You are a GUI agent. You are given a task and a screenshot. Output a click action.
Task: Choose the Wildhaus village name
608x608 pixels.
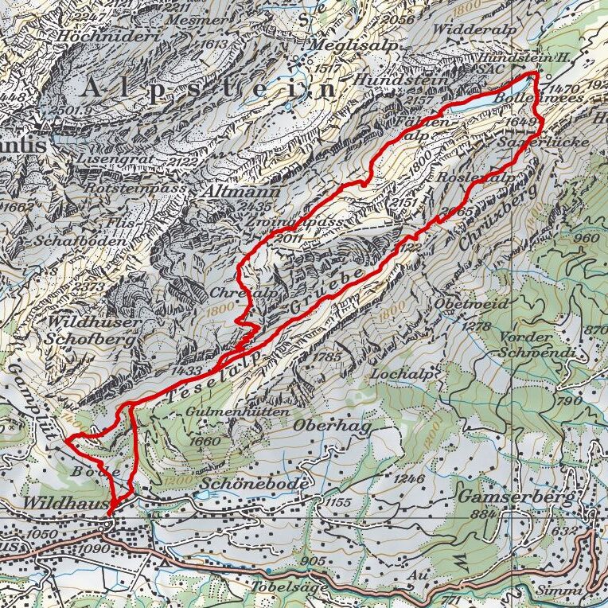tap(63, 504)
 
